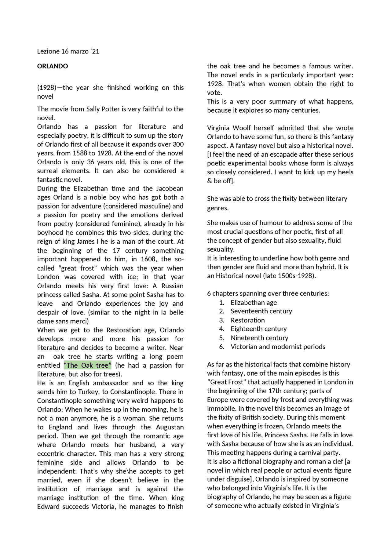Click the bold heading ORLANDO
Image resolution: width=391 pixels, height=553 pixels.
point(53,66)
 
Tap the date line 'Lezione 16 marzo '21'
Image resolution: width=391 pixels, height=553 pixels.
point(68,51)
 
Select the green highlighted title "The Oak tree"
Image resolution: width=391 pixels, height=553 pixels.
point(87,366)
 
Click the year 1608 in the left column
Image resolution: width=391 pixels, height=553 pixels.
point(148,259)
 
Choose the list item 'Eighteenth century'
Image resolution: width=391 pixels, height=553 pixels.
point(258,329)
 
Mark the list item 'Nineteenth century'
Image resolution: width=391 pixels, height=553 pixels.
point(259,338)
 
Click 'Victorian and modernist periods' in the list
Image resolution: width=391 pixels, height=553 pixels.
point(278,347)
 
